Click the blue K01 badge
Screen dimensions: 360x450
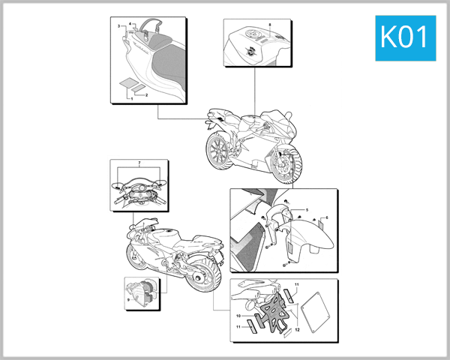[404, 35]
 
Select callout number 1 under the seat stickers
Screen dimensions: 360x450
[131, 99]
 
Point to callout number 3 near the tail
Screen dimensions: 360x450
[118, 26]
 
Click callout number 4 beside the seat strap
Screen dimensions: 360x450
[130, 23]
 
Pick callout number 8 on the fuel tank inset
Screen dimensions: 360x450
[270, 25]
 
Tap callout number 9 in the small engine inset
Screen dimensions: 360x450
[129, 298]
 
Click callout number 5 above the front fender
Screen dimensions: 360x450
[306, 208]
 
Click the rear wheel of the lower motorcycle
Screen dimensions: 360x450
[200, 280]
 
